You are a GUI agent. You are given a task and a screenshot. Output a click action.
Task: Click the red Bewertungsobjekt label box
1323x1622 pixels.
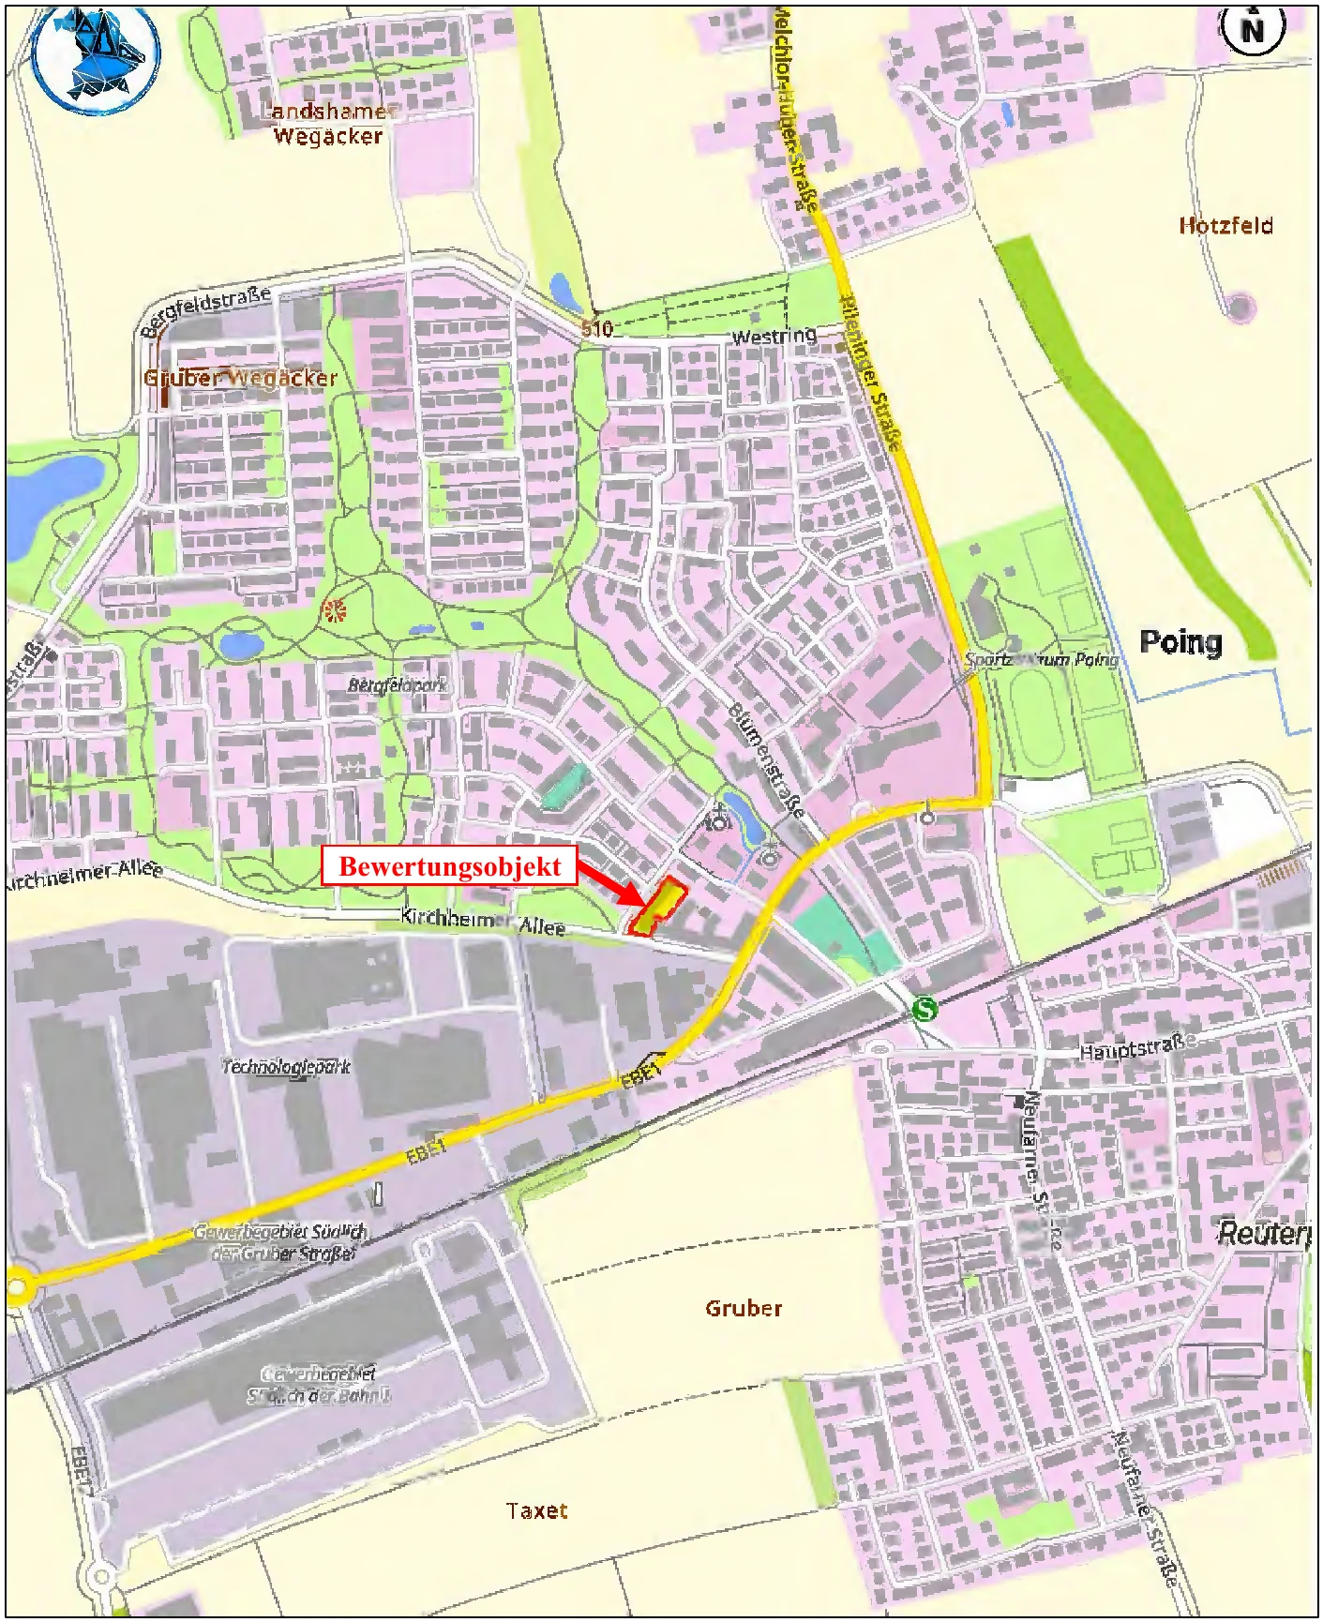coord(449,865)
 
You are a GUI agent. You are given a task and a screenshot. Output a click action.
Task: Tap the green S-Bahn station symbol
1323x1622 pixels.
coord(925,1009)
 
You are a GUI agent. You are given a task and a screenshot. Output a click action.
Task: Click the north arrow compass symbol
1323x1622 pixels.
coord(1252,29)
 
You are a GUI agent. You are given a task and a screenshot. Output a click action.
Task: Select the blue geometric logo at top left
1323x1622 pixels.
coord(95,58)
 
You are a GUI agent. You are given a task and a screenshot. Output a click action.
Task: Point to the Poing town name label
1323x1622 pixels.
coord(1180,642)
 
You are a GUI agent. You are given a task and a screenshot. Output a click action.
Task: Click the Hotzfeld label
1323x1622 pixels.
coord(1225,225)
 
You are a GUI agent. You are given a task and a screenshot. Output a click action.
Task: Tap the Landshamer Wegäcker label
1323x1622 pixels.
coord(327,124)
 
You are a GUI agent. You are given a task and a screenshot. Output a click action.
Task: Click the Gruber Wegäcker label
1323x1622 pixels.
coord(240,378)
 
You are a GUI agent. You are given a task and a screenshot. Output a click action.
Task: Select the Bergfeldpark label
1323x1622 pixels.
coord(398,685)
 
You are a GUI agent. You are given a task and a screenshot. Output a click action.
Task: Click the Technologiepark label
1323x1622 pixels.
coord(286,1066)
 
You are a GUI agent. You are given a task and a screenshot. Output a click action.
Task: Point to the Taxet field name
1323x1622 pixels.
coord(536,1510)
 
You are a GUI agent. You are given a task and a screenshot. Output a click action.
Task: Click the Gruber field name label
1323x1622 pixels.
coord(744,1308)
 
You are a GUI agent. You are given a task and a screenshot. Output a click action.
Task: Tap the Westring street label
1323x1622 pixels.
coord(774,336)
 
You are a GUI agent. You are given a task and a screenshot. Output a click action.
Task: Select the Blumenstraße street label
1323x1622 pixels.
coord(766,760)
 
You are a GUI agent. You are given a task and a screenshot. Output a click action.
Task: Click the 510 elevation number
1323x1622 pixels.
coord(596,328)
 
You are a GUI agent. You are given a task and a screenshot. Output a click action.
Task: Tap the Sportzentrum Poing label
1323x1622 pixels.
coord(1041,659)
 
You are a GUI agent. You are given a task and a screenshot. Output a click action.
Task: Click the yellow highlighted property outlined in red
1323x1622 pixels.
coord(658,906)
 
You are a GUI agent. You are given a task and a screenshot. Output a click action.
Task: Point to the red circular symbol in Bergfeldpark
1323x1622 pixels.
coord(334,611)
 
